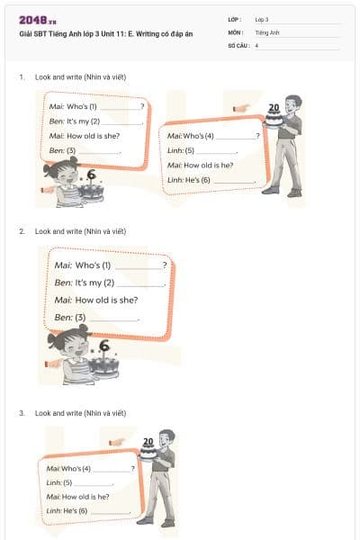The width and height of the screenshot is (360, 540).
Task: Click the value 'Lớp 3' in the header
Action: point(262,19)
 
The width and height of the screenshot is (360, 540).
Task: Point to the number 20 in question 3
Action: point(148,442)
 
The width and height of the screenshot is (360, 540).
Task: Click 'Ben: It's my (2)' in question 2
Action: point(89,283)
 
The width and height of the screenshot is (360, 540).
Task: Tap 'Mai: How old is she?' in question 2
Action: point(95,300)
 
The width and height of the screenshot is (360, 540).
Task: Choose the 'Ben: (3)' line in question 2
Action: point(70,318)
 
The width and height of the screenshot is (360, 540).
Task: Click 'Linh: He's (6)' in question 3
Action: point(67,511)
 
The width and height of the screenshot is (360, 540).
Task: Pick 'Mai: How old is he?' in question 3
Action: point(77,497)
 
